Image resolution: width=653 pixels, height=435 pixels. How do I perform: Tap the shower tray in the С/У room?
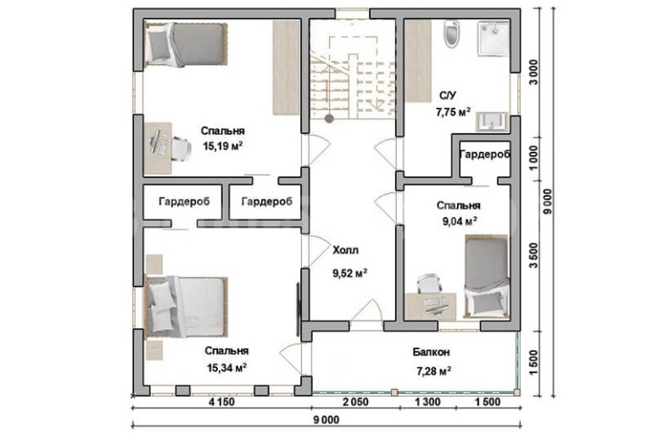point(494,37)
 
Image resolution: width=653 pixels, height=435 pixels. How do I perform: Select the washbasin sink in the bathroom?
point(492,121)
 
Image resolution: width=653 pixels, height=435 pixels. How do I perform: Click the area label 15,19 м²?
point(223,146)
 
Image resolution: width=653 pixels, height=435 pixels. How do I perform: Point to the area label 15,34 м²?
point(226,368)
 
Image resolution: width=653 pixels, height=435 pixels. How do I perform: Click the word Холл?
point(345,250)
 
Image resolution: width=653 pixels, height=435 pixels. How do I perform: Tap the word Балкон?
point(432,352)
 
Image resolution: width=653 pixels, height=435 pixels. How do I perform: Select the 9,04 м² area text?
point(460,221)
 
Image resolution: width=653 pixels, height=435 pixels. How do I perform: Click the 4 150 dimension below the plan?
point(221,402)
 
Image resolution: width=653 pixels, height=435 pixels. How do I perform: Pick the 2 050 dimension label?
point(355,402)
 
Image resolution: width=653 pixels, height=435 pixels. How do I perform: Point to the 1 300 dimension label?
point(427,402)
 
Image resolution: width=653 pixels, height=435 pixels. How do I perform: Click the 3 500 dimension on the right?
point(533,255)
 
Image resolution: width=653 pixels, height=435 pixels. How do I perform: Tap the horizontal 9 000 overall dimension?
point(326,420)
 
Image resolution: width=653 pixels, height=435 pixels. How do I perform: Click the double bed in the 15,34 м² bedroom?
point(186,307)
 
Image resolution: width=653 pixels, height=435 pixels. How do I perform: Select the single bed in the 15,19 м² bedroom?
point(186,44)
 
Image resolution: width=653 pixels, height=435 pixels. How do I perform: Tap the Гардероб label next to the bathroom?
point(485,154)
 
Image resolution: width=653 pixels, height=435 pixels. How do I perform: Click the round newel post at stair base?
point(329,119)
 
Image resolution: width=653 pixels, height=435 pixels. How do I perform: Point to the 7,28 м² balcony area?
point(434,371)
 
